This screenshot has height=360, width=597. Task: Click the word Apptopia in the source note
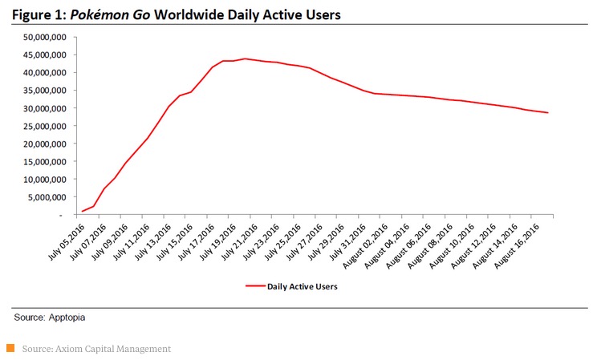coord(69,318)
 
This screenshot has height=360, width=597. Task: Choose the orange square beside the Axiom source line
coord(10,348)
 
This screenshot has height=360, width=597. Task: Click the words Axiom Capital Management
coord(111,349)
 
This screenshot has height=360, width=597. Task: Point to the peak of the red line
coord(246,59)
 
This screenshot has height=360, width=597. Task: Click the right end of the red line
coord(548,112)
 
